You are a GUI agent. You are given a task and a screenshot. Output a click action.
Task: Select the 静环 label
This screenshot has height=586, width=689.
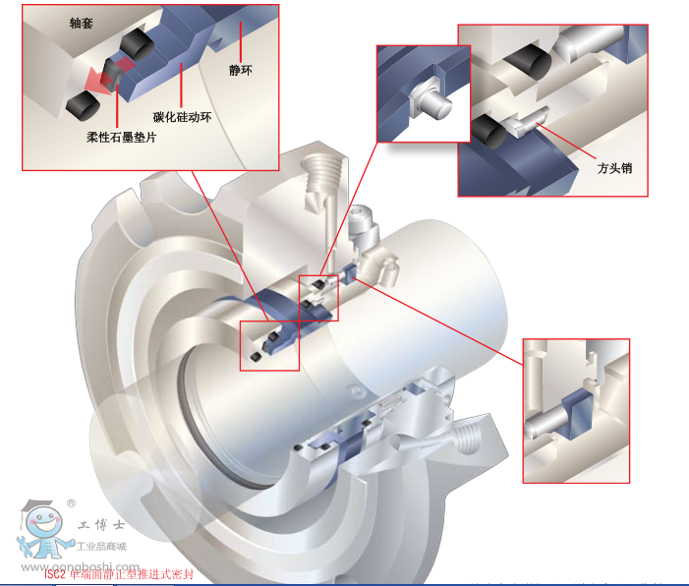tap(241, 70)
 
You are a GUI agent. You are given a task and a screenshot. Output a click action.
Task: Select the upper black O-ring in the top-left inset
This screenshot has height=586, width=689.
tap(136, 45)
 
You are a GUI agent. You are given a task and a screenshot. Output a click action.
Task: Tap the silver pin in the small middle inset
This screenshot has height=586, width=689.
tap(431, 99)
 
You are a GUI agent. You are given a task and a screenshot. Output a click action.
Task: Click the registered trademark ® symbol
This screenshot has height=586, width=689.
tap(71, 503)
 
